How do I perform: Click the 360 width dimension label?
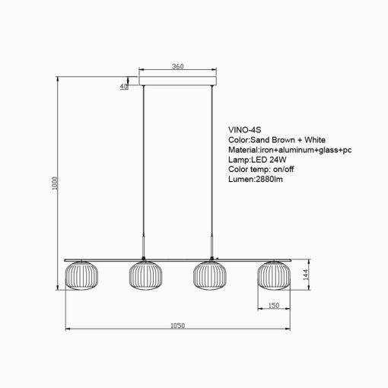pyautogui.click(x=177, y=66)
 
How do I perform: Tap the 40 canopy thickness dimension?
pyautogui.click(x=124, y=86)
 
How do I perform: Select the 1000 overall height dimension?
pyautogui.click(x=55, y=183)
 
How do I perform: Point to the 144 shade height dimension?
pyautogui.click(x=305, y=275)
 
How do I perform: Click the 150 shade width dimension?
pyautogui.click(x=274, y=305)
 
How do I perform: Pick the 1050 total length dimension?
pyautogui.click(x=177, y=326)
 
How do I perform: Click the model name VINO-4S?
pyautogui.click(x=244, y=130)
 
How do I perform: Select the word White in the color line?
pyautogui.click(x=315, y=140)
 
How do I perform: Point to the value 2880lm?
pyautogui.click(x=269, y=179)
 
